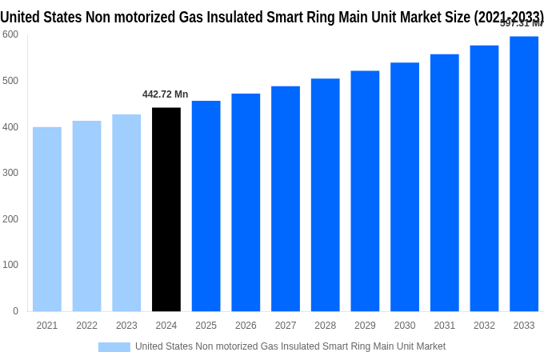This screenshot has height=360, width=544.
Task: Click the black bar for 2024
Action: pos(166,210)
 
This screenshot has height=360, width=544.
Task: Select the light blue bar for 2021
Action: pos(47,219)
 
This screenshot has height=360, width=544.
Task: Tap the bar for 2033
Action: pos(524,174)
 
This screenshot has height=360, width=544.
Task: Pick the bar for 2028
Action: pos(326,195)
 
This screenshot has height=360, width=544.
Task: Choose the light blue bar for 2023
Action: pos(126,213)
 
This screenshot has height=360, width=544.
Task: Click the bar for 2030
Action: pos(405,187)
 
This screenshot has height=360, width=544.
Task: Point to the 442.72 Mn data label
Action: pos(166,94)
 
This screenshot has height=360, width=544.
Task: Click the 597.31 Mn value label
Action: pos(521,23)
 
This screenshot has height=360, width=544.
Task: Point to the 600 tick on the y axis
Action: pos(10,34)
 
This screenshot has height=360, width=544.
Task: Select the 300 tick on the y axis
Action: pos(10,173)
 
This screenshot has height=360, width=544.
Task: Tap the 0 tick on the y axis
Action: pos(15,311)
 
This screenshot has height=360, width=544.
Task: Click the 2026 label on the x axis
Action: pos(246,326)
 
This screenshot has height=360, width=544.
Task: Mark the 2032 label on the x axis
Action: pos(484,326)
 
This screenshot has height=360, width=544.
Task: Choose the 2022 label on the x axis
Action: pos(87,326)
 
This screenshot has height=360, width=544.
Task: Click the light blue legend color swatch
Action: pos(114,346)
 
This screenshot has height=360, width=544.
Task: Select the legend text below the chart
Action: pos(290,346)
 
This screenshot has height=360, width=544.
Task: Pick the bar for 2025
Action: pos(206,206)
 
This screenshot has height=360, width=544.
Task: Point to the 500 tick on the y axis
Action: pos(10,81)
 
